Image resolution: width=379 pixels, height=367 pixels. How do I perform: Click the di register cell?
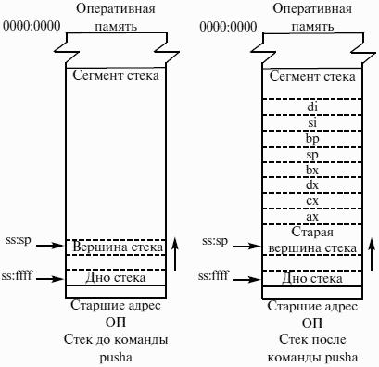pyautogui.click(x=312, y=107)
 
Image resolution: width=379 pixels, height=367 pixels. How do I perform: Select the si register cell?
pyautogui.click(x=312, y=122)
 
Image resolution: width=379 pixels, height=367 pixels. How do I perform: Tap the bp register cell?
pyautogui.click(x=312, y=139)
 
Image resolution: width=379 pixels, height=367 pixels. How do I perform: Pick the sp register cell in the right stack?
pyautogui.click(x=312, y=154)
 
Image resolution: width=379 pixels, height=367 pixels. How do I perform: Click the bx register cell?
pyautogui.click(x=312, y=170)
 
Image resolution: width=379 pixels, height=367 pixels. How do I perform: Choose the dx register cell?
pyautogui.click(x=312, y=185)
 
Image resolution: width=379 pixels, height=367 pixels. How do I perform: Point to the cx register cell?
pyautogui.click(x=312, y=201)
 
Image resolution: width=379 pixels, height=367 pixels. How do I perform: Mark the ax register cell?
pyautogui.click(x=312, y=217)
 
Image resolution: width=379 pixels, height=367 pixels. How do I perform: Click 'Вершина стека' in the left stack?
pyautogui.click(x=118, y=247)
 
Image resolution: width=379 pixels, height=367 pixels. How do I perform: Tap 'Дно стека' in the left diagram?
pyautogui.click(x=116, y=277)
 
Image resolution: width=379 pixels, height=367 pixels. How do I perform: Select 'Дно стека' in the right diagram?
pyautogui.click(x=312, y=278)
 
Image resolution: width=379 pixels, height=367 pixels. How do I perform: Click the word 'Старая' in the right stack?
pyautogui.click(x=312, y=233)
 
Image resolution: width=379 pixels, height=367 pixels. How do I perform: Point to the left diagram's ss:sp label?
pyautogui.click(x=19, y=240)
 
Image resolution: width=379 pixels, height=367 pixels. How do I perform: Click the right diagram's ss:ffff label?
pyautogui.click(x=212, y=274)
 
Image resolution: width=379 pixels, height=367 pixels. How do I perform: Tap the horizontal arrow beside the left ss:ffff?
pyautogui.click(x=49, y=279)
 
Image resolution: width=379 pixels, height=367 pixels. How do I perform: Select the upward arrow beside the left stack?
pyautogui.click(x=175, y=254)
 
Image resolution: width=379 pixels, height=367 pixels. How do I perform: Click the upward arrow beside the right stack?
pyautogui.click(x=372, y=254)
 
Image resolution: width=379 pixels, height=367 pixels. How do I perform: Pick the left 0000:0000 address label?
pyautogui.click(x=32, y=26)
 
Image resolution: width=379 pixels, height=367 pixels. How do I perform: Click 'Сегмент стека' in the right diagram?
pyautogui.click(x=312, y=76)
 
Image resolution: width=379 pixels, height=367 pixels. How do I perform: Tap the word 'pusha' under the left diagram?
pyautogui.click(x=116, y=358)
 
